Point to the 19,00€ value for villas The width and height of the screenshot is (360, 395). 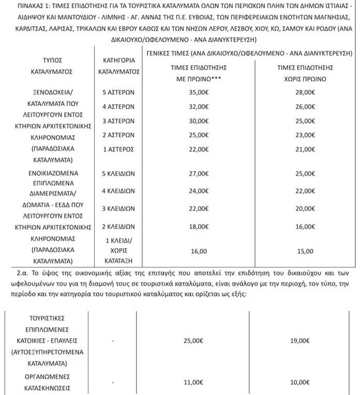[309, 341]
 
